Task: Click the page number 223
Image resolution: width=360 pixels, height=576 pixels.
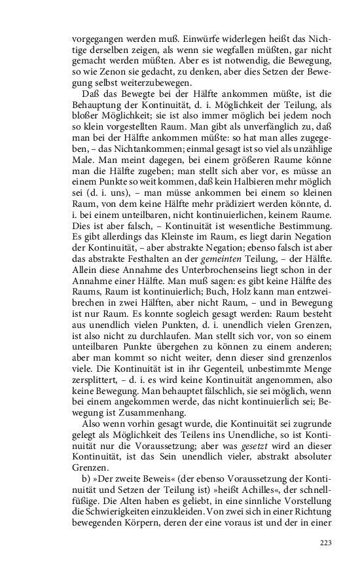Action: (327, 543)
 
